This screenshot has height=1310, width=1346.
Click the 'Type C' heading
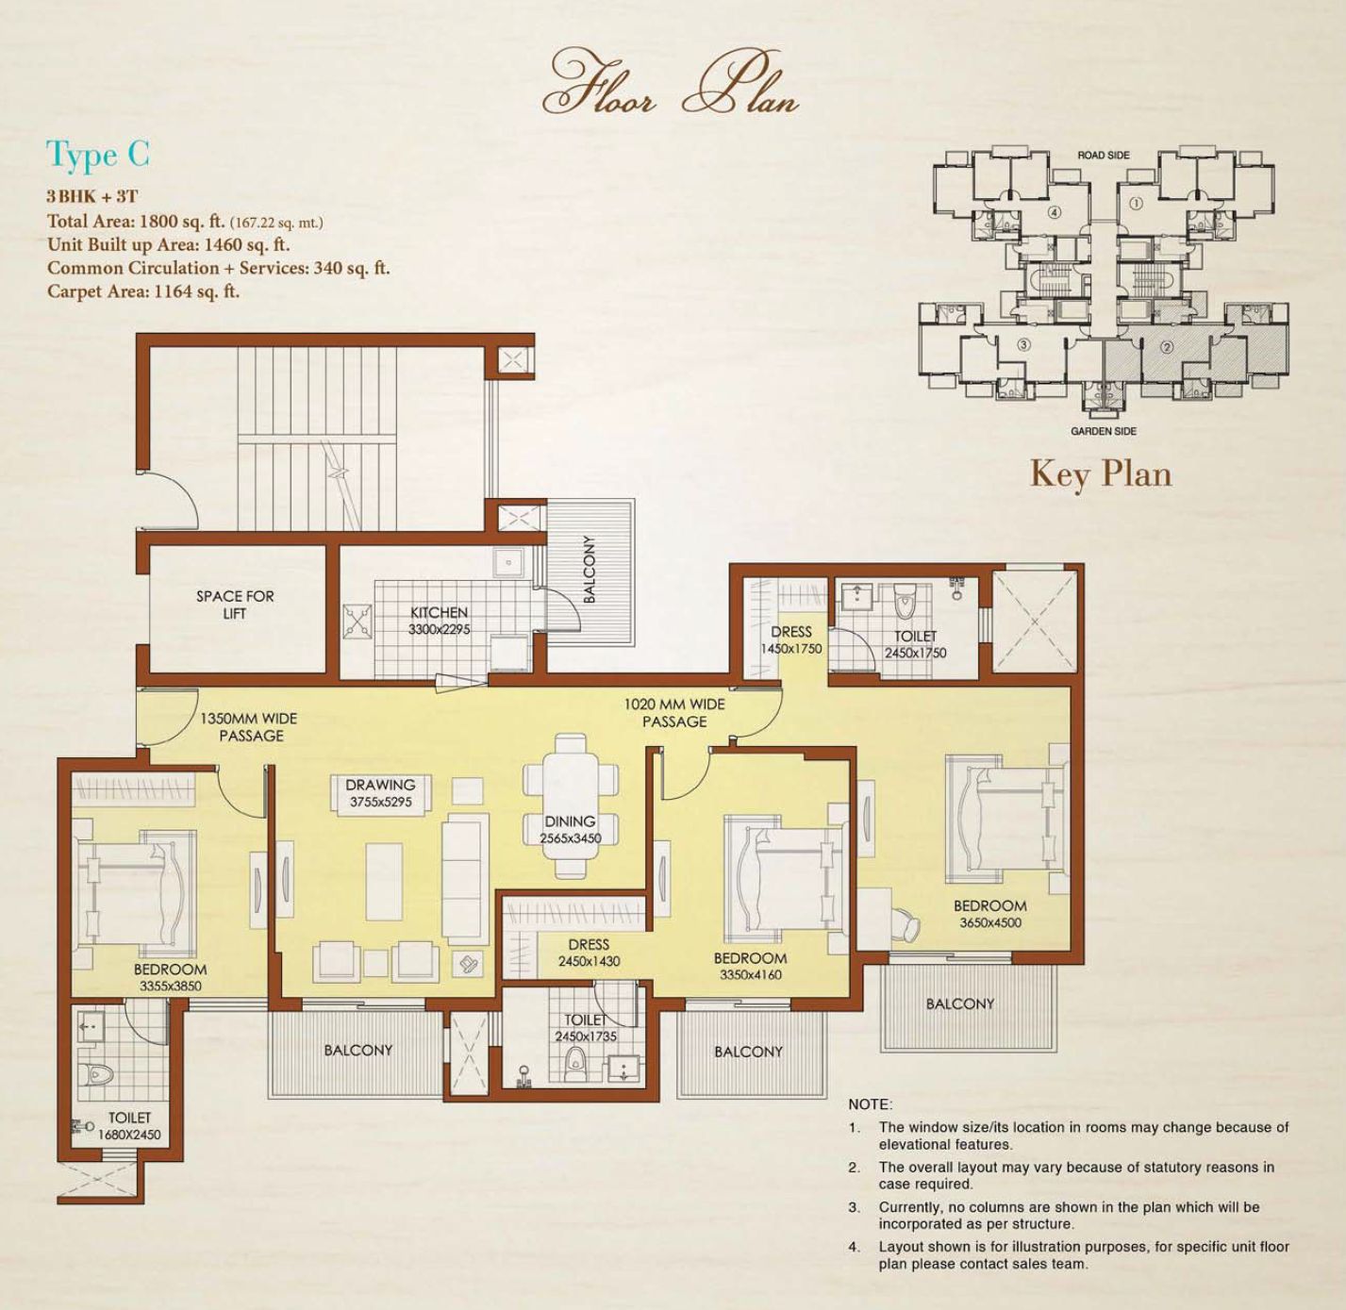pos(97,155)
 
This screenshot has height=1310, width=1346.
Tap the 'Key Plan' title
pos(1101,475)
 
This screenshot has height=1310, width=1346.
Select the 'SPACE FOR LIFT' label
pos(235,605)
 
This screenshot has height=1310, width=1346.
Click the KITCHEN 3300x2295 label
pos(439,621)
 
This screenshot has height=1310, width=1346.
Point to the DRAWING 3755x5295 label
pos(380,792)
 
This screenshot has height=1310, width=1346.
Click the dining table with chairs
pos(571,805)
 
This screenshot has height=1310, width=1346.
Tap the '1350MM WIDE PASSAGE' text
pos(249,727)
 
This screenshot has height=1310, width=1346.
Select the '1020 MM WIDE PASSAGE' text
pos(674,712)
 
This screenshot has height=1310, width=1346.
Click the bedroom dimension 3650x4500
pos(989,922)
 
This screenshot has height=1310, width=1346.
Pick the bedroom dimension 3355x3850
pos(170,986)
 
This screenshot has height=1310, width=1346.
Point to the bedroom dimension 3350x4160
pos(751,974)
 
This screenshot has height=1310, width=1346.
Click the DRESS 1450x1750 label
pos(790,639)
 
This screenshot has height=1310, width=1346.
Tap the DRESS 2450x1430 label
pos(589,953)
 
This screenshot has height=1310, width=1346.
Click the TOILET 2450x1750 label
pos(915,643)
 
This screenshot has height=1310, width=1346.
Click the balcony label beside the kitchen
pos(590,569)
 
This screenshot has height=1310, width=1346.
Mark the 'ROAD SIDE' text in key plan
pos(1104,155)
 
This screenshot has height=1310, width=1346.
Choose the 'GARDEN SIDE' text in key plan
pos(1104,431)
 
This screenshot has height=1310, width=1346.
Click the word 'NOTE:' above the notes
pos(870,1103)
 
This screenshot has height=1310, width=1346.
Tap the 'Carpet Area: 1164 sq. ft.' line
pos(143,291)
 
